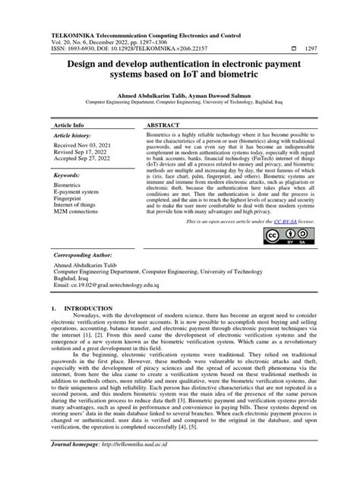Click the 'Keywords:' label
67,174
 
